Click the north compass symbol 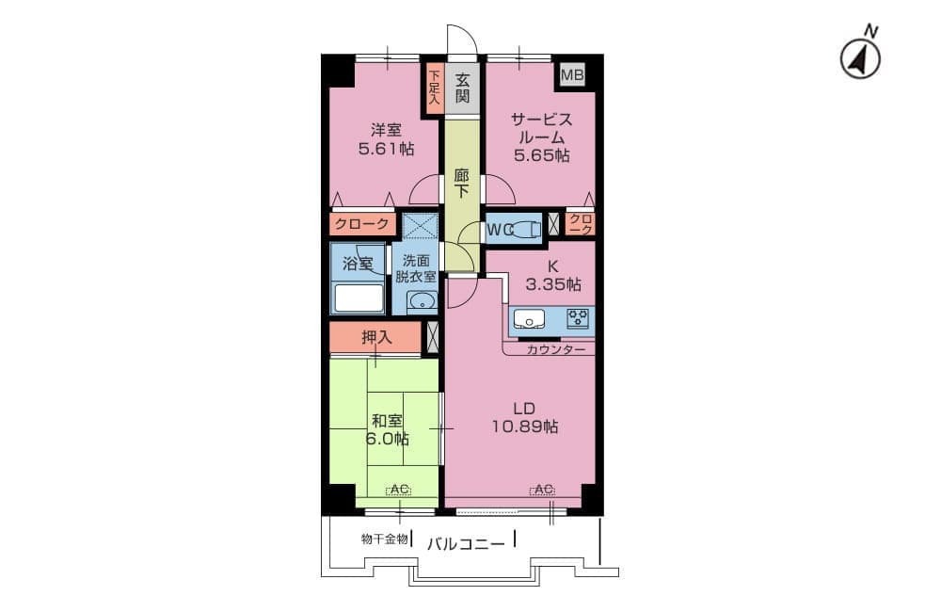[x=861, y=59]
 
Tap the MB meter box [x=572, y=75]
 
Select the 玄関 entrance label [x=462, y=88]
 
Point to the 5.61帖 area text [x=386, y=149]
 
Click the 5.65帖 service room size [x=541, y=155]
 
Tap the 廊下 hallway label [x=461, y=184]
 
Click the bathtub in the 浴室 [x=359, y=298]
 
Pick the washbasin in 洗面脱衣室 [x=423, y=301]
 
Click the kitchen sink [x=529, y=319]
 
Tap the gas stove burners [x=579, y=318]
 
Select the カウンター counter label [x=555, y=349]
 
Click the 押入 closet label [x=376, y=337]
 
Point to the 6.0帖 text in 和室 [x=387, y=439]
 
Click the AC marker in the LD [x=542, y=490]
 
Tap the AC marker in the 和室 [x=398, y=491]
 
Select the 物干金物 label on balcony [x=385, y=539]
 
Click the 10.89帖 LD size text [x=524, y=427]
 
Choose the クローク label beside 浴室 [x=362, y=225]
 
